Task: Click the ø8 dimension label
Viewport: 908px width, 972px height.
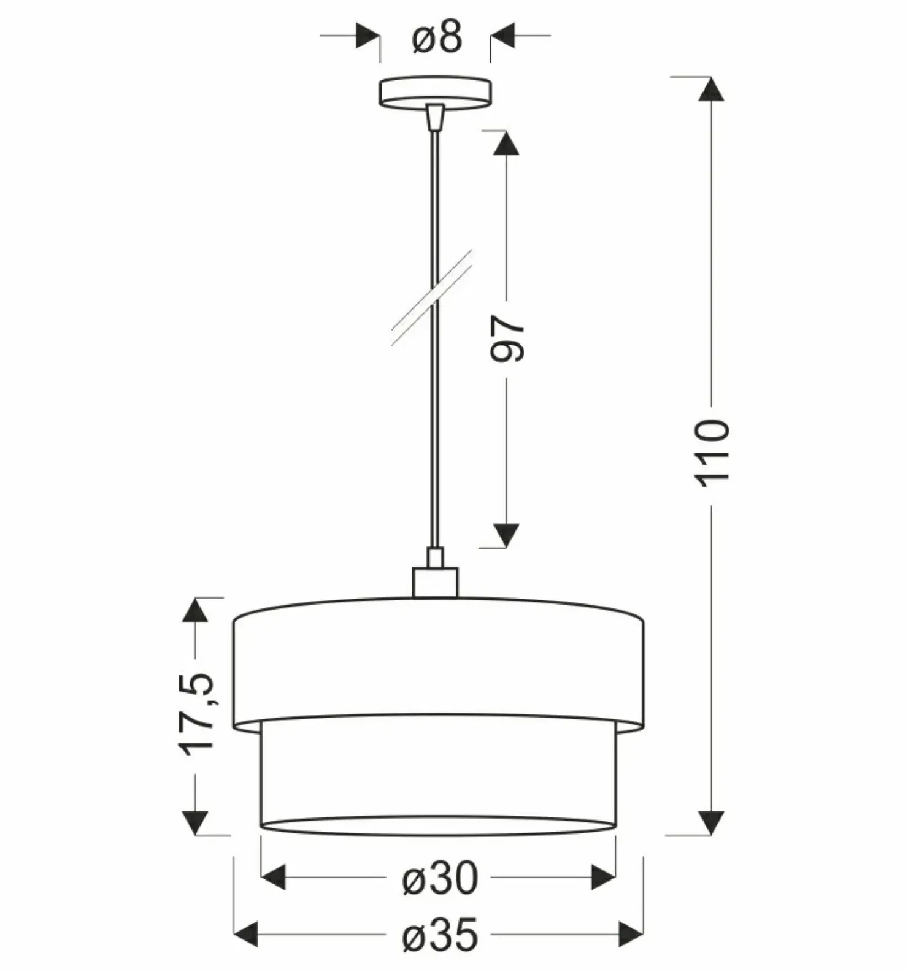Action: point(437,38)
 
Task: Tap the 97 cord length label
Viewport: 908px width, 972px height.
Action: point(508,339)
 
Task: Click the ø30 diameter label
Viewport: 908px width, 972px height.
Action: point(440,878)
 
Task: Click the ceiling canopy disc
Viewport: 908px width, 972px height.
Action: point(435,93)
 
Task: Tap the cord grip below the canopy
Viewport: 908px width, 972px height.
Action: point(435,117)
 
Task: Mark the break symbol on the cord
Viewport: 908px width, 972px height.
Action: point(432,297)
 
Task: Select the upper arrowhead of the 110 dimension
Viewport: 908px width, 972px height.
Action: point(711,89)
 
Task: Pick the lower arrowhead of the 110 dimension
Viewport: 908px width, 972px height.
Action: point(711,822)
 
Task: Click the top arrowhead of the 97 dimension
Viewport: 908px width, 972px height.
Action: point(507,143)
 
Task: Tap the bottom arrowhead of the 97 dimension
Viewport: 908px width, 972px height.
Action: point(507,535)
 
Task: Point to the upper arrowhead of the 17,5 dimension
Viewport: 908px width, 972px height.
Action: point(195,610)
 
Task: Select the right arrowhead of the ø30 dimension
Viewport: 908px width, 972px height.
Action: point(603,878)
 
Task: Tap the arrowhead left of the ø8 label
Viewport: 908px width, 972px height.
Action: point(367,36)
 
